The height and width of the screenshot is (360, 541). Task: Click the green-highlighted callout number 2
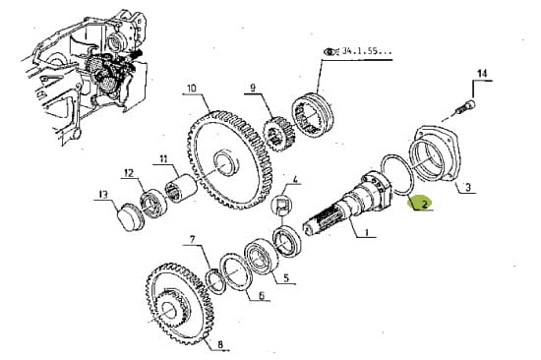point(424,204)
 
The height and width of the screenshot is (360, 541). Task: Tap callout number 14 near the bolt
point(482,73)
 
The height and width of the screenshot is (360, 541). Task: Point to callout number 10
point(191,88)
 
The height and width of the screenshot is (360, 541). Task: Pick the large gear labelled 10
point(230,160)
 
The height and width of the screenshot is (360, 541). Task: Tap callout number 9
point(253,88)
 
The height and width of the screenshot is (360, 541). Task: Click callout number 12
point(128,172)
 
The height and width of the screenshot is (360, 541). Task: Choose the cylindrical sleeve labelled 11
point(180,189)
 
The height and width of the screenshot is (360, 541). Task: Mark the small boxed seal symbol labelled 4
point(283,206)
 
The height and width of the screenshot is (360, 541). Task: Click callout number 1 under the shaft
point(366,233)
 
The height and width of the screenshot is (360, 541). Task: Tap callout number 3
point(467,188)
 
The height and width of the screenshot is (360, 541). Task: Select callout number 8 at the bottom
point(220,344)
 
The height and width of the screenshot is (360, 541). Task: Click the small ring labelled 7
point(215,281)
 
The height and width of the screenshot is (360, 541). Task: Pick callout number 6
point(262,295)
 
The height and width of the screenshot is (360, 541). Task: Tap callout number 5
point(286,277)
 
